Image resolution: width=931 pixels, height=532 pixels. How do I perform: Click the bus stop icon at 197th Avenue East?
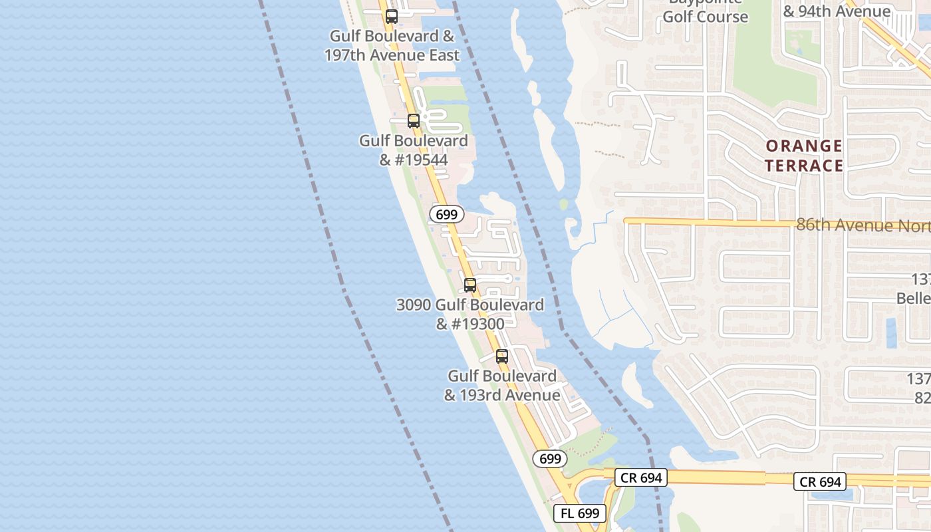tap(392, 17)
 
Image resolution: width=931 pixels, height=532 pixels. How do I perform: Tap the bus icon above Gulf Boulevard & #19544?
tap(414, 121)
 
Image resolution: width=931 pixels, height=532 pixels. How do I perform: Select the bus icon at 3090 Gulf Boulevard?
tap(470, 285)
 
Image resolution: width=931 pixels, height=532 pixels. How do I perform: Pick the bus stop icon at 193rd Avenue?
tap(502, 356)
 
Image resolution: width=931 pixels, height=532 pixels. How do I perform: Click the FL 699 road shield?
tap(580, 513)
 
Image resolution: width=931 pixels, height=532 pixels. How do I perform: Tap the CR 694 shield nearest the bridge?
tap(640, 477)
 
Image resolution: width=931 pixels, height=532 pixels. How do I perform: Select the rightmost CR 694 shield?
tap(821, 482)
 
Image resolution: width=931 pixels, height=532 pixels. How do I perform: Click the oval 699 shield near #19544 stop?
tap(447, 214)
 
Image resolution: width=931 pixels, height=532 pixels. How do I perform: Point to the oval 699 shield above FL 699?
tap(550, 459)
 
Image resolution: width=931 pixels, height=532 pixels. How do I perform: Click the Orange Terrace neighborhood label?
tap(804, 156)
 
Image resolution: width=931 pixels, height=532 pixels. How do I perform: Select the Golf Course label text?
tap(706, 17)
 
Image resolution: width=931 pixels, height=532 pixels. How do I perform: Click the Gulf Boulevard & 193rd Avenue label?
tap(502, 386)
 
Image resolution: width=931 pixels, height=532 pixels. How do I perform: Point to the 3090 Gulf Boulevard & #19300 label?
tap(470, 315)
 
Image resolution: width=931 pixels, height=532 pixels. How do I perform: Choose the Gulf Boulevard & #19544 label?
tap(414, 150)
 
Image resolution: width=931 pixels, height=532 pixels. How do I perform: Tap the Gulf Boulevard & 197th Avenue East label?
tap(392, 45)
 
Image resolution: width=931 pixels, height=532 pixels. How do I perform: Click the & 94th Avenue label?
tap(837, 11)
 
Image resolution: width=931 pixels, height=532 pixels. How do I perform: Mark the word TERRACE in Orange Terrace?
tap(804, 166)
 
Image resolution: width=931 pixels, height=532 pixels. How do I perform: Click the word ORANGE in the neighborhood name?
tap(804, 146)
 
